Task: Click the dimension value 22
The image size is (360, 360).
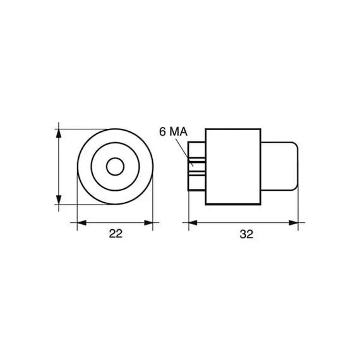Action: click(x=116, y=234)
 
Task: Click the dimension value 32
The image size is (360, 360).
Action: click(x=246, y=234)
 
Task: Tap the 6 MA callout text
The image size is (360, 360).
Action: click(x=173, y=132)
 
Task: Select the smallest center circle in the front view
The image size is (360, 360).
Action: click(x=115, y=167)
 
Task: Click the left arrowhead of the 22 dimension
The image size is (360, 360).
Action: click(x=81, y=222)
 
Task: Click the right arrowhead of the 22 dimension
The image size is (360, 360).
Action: click(x=148, y=222)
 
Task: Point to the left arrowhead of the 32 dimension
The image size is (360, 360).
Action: click(x=193, y=222)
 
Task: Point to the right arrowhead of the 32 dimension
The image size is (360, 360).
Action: click(x=294, y=222)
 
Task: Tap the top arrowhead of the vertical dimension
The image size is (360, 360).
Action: click(x=59, y=133)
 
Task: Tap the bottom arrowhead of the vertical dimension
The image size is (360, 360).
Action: click(x=59, y=200)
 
